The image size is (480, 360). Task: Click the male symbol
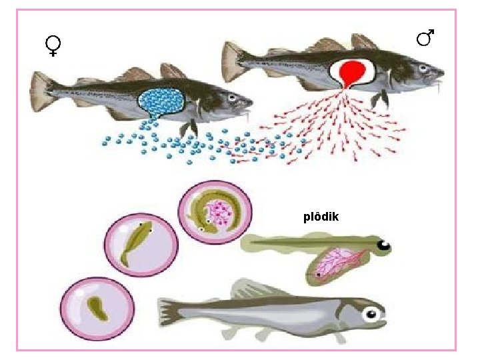click(425, 37)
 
